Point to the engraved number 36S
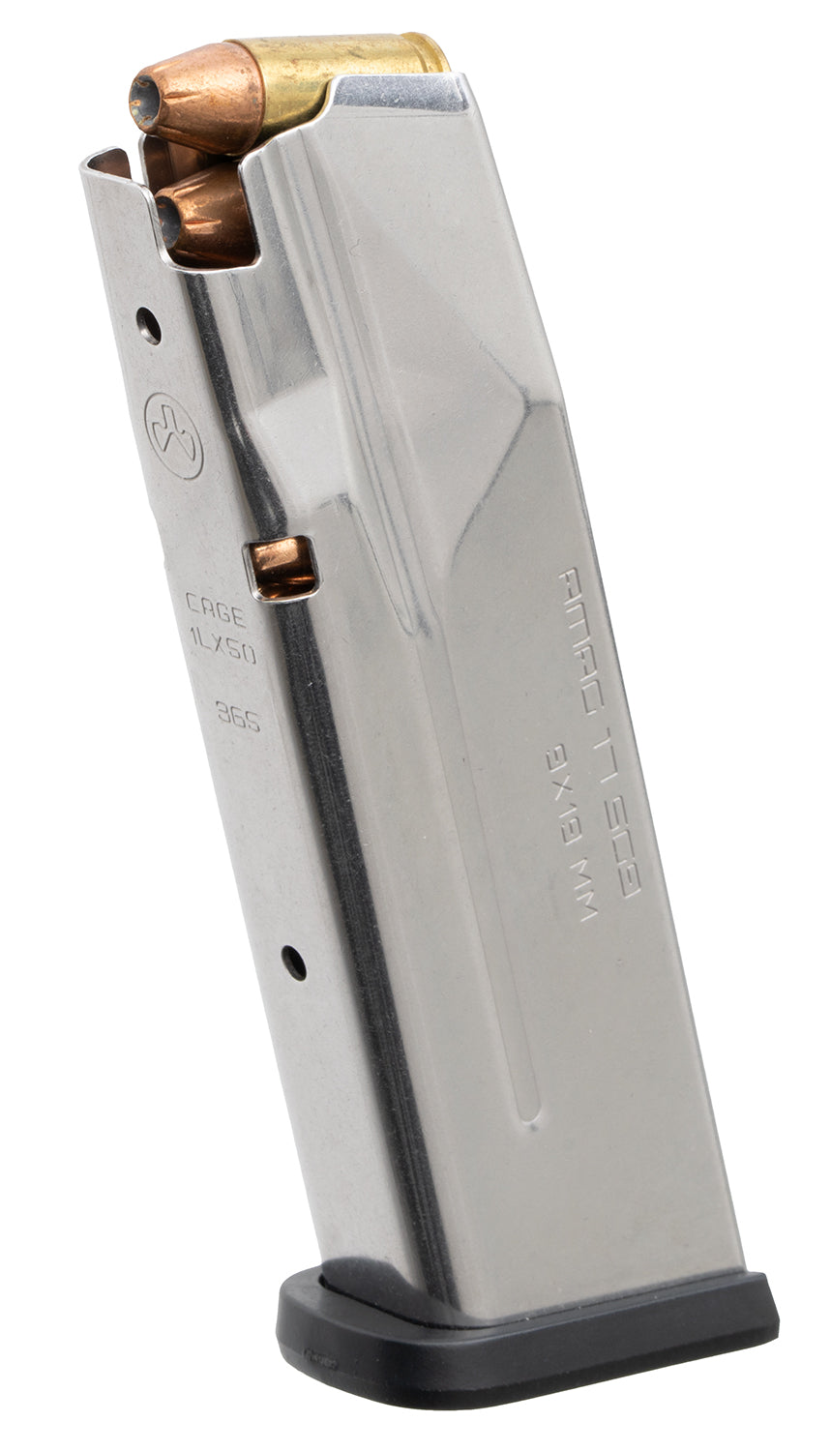(x=237, y=718)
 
